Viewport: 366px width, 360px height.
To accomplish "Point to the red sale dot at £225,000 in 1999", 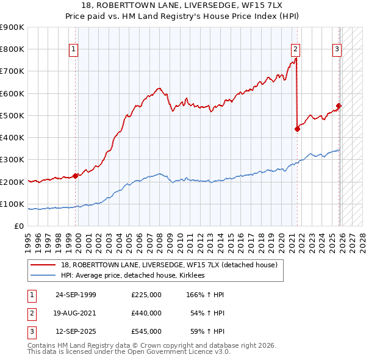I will [x=76, y=176].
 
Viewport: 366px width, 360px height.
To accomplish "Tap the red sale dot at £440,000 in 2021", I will [x=297, y=129].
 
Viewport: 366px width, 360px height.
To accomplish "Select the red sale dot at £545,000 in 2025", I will [x=339, y=106].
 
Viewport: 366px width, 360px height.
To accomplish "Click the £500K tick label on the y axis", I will [x=12, y=115].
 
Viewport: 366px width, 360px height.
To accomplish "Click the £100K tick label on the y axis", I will [x=12, y=204].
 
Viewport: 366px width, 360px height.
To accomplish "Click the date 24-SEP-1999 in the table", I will [x=76, y=295].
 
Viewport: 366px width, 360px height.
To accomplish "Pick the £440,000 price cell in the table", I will [x=146, y=313].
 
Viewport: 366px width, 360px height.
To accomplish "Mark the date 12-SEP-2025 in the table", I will [x=76, y=331].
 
